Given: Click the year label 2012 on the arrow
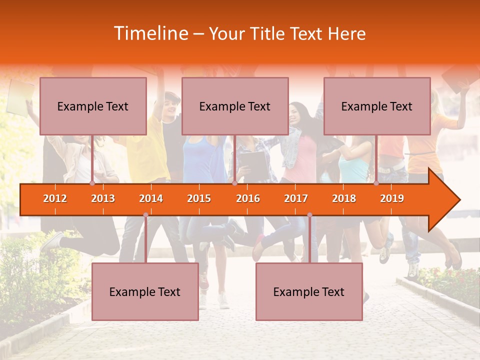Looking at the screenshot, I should (x=55, y=198).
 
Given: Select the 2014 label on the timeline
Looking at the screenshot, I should (x=151, y=198).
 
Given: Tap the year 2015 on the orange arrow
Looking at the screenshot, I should (x=199, y=198).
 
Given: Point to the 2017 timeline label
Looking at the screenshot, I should (x=296, y=198).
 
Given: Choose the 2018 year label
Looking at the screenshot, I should (x=344, y=198).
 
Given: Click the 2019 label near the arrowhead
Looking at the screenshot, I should (x=392, y=198).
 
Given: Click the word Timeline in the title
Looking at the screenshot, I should (x=150, y=33).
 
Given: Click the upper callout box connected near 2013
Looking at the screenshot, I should (x=93, y=106).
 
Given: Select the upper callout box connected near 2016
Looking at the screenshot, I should (x=235, y=106).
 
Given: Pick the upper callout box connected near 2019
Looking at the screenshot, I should (x=377, y=106).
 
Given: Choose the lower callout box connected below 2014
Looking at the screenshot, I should (x=145, y=291).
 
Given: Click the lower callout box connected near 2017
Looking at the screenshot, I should (x=309, y=291).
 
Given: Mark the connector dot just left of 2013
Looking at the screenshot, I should (x=92, y=183).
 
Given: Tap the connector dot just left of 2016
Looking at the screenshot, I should (x=234, y=183).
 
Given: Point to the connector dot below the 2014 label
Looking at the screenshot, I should (x=145, y=215).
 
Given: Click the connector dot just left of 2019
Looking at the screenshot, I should (x=376, y=183).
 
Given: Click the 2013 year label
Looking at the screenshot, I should (x=103, y=198).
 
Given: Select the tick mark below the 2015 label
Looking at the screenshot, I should (x=199, y=211).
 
